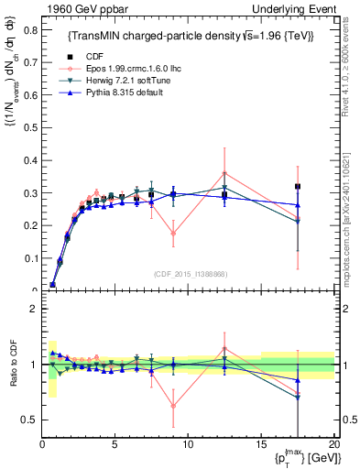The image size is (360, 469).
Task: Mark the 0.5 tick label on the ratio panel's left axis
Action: click(27, 420)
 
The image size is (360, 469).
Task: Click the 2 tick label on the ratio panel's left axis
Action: click(32, 309)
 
